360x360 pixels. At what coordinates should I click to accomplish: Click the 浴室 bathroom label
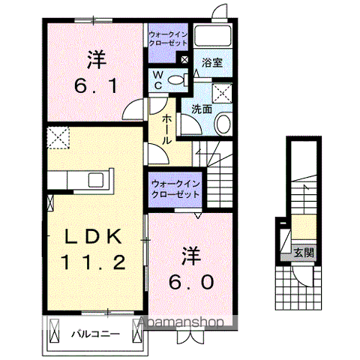[x=210, y=64]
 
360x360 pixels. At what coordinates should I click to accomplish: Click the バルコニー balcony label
[x=96, y=332]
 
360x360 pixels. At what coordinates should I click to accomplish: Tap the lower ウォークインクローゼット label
[x=175, y=188]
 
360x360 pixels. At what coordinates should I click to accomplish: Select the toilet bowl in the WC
[x=177, y=79]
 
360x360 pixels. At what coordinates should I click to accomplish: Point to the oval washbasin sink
[x=223, y=123]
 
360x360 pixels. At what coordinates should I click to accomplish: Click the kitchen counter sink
[x=97, y=180]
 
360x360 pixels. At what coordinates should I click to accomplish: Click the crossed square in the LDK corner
[x=58, y=136]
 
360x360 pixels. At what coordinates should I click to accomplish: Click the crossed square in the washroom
[x=223, y=91]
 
